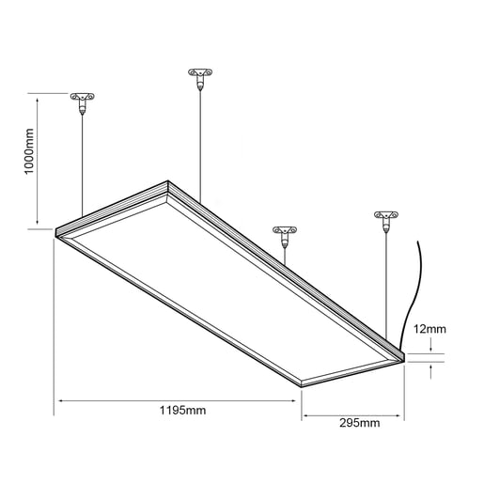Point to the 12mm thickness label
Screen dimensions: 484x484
428,329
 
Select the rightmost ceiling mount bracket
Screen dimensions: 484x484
384,218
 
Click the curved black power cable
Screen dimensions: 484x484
411,291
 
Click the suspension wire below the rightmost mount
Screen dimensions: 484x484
385,282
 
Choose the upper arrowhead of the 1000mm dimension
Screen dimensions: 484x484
38,97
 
